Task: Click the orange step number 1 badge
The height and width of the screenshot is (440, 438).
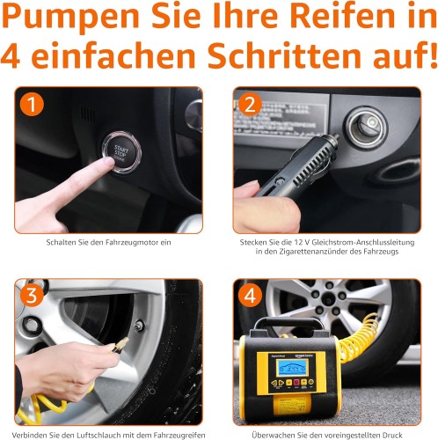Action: pos(32,105)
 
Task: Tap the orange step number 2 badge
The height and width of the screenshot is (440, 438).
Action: pos(250,105)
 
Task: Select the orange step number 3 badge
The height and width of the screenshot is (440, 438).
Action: pos(32,296)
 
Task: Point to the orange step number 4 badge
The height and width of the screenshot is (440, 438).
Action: pos(250,296)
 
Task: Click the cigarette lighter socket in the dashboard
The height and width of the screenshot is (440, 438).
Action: pos(366,128)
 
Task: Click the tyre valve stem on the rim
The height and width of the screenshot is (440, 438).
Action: pos(139,326)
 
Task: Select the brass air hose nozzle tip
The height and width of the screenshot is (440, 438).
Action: pos(120,344)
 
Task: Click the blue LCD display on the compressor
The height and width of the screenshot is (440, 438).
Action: pos(291,367)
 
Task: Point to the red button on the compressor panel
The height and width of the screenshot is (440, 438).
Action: pos(296,383)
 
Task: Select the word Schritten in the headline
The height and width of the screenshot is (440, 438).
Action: pos(284,55)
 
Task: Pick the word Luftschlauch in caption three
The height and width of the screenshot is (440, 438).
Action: pos(96,435)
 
